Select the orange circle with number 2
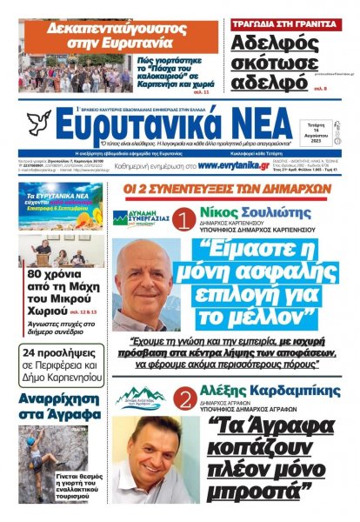(x=184, y=403)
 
